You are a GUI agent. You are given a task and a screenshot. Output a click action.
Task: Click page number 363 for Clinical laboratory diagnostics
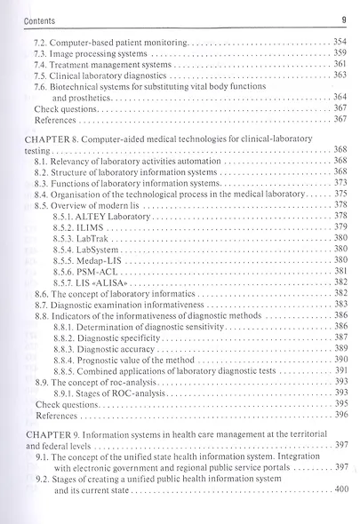pos(339,77)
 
